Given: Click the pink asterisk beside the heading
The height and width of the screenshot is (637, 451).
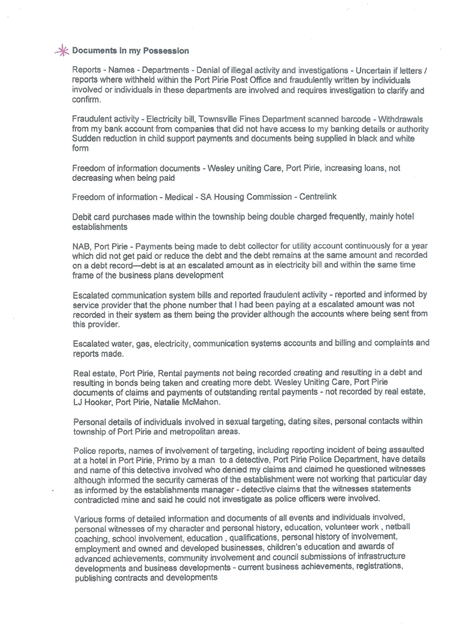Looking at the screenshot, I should (x=64, y=51).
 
